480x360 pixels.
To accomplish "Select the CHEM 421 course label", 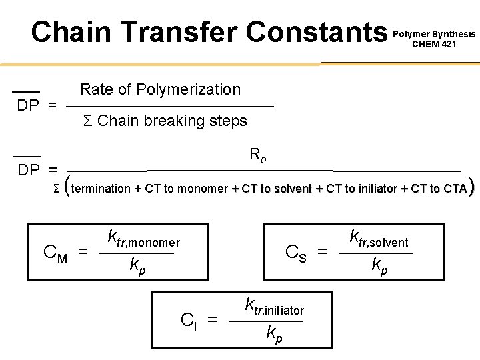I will pos(435,45).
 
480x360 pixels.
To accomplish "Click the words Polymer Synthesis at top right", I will pos(435,33).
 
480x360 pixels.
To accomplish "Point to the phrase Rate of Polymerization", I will pos(160,89).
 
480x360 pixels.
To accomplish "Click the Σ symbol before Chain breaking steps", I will pos(87,121).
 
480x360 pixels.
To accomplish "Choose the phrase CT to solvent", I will pos(277,189).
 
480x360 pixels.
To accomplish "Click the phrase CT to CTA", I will pos(438,189).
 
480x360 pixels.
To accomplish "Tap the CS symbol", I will pos(296,253).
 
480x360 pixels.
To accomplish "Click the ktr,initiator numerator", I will pos(274,307).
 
